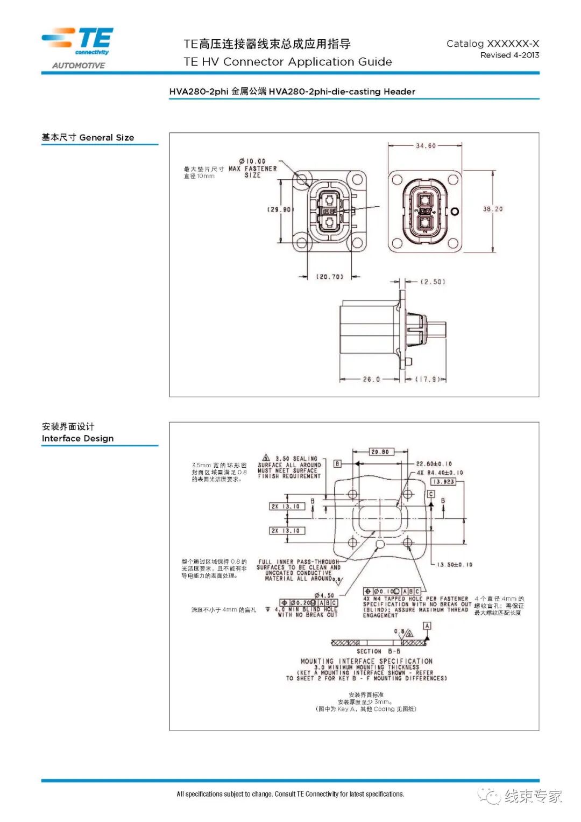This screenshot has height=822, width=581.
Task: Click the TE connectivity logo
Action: click(79, 41)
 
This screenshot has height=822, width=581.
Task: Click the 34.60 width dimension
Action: click(426, 146)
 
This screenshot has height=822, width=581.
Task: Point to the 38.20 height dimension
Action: click(492, 209)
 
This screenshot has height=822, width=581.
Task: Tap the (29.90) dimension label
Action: click(280, 209)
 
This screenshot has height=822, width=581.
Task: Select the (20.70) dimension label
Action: click(329, 277)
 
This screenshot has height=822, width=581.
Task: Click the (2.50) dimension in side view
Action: click(433, 282)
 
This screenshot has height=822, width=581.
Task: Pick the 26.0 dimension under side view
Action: click(371, 380)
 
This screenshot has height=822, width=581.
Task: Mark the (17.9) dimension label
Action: click(429, 380)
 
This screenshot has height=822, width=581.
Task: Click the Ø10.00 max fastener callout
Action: click(252, 161)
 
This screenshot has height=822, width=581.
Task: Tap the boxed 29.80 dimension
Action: click(380, 452)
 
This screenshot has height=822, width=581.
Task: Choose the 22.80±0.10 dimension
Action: click(434, 463)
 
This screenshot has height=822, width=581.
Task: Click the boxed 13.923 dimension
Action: click(443, 482)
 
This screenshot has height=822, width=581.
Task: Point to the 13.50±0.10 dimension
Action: click(455, 565)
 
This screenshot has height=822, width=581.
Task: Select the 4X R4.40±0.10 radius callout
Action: click(440, 473)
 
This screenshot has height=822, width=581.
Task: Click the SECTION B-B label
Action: click(378, 651)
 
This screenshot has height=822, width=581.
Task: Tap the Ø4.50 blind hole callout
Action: click(324, 595)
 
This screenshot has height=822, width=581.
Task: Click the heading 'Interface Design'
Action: click(77, 439)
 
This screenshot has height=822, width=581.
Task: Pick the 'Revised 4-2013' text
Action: click(509, 55)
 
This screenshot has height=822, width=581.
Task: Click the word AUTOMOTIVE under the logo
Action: click(79, 66)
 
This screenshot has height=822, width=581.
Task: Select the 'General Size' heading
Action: click(107, 138)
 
